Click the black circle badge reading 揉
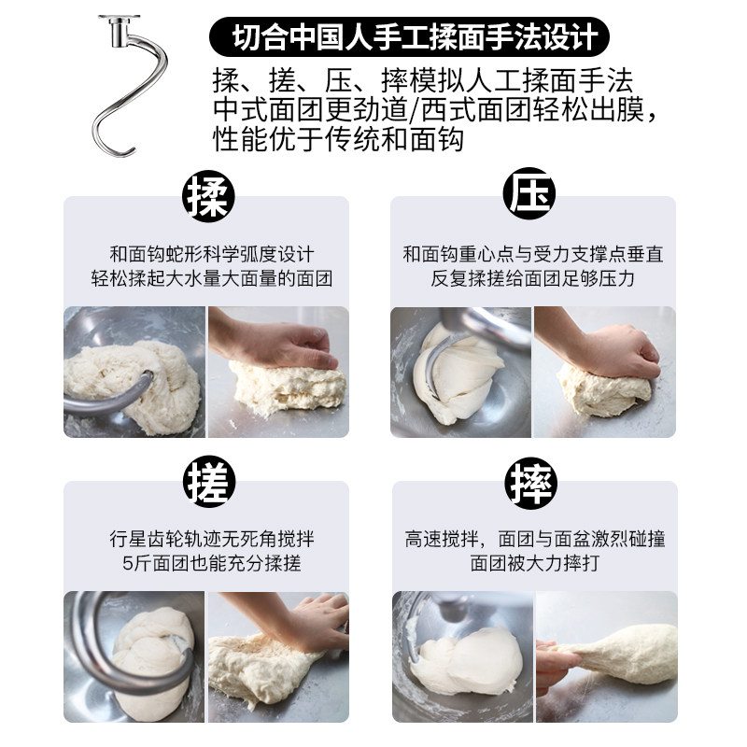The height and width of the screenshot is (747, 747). [208, 196]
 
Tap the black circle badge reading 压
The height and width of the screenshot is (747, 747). [529, 193]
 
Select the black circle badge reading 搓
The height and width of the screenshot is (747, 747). [209, 481]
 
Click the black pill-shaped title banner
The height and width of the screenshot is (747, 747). [409, 37]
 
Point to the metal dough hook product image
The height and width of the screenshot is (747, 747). [130, 85]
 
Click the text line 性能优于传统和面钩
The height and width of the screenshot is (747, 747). [338, 139]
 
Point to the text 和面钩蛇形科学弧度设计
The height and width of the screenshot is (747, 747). [212, 254]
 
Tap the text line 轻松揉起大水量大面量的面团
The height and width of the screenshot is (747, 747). [212, 278]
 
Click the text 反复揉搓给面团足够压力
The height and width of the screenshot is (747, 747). [532, 278]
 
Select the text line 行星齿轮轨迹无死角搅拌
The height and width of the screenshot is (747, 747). [212, 540]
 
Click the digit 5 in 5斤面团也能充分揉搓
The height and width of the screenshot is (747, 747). [127, 564]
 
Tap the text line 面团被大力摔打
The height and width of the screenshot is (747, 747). [534, 564]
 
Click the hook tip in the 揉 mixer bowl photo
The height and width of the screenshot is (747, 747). [148, 376]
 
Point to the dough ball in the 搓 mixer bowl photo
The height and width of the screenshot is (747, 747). [152, 660]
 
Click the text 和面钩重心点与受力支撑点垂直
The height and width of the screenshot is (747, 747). [532, 254]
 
